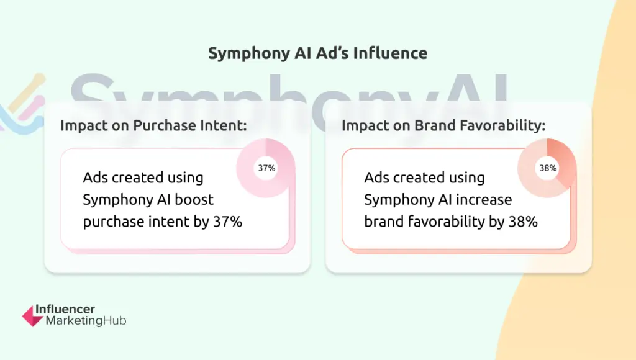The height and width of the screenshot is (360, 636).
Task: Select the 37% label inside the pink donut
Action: coord(266,168)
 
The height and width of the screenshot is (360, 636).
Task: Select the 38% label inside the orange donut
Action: coord(548,168)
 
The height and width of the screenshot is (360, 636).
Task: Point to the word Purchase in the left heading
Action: coord(165,125)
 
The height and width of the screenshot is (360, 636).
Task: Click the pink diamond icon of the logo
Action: coord(32,316)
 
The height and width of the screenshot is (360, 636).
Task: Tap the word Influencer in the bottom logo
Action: coord(65,309)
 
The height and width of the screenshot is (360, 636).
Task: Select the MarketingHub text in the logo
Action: coord(86,321)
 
